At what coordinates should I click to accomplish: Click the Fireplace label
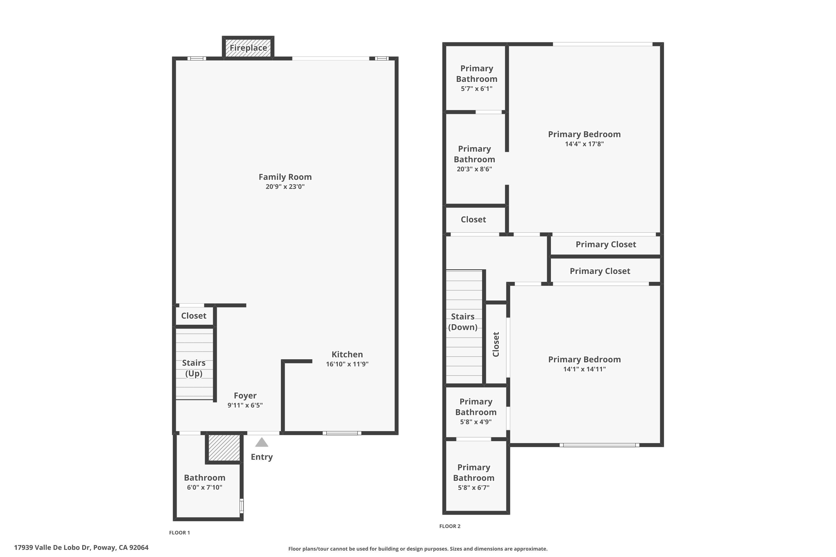(x=248, y=48)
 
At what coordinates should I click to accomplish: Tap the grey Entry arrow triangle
(x=262, y=442)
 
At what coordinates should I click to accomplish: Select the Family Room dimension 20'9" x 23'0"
(x=285, y=187)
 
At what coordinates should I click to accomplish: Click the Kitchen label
(x=347, y=354)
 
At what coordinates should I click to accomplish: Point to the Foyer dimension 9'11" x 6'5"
(x=245, y=405)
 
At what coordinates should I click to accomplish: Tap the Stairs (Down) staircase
(x=464, y=327)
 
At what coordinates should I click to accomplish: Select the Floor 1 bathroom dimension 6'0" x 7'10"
(x=205, y=487)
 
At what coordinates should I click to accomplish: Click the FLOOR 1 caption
(x=179, y=532)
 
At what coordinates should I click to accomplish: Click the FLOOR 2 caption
(x=450, y=526)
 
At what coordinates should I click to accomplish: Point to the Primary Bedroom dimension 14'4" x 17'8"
(x=584, y=144)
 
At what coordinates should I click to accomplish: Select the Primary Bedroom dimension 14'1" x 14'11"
(x=584, y=369)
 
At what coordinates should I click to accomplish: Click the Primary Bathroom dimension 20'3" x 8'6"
(x=474, y=169)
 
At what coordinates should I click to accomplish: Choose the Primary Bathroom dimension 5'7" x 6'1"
(x=477, y=89)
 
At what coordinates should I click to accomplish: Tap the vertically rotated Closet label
(x=496, y=344)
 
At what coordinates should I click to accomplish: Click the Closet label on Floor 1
(x=194, y=316)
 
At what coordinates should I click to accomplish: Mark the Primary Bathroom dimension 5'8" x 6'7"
(x=474, y=487)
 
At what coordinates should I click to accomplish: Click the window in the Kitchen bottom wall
(x=342, y=433)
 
